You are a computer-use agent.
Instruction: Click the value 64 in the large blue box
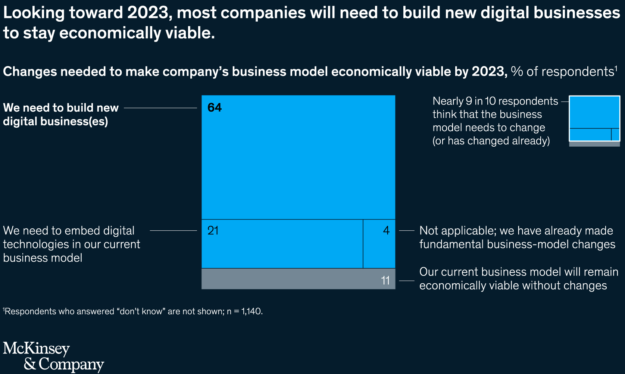[x=215, y=107]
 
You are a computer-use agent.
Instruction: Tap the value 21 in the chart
[x=213, y=231]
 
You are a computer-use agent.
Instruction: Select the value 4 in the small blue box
[x=386, y=231]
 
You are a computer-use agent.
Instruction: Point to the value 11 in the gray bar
[x=385, y=280]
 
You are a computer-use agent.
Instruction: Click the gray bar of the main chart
[x=291, y=279]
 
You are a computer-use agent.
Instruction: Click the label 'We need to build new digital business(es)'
[x=60, y=114]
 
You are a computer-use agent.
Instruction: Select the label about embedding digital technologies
[x=71, y=244]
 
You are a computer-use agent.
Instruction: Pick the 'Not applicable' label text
[x=517, y=237]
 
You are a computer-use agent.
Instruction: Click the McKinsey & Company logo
[x=53, y=356]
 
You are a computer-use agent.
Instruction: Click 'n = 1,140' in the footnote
[x=244, y=311]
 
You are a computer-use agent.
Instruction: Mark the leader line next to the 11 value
[x=406, y=281]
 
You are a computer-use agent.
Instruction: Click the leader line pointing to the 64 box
[x=160, y=108]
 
